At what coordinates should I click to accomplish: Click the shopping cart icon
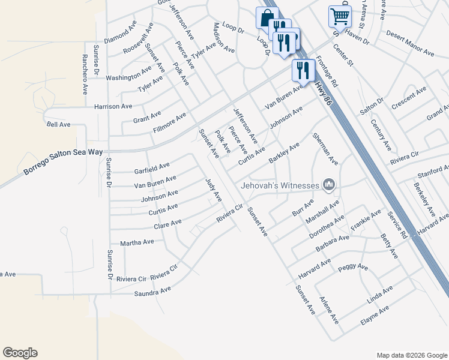click(339, 16)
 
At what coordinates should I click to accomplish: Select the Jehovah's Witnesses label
click(279, 185)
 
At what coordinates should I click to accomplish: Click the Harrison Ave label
click(113, 106)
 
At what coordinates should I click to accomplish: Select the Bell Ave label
click(58, 124)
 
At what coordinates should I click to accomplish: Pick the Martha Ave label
click(137, 242)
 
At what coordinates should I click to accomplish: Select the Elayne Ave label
click(375, 316)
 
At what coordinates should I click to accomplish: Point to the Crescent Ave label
click(408, 98)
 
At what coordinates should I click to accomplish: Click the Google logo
click(20, 352)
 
